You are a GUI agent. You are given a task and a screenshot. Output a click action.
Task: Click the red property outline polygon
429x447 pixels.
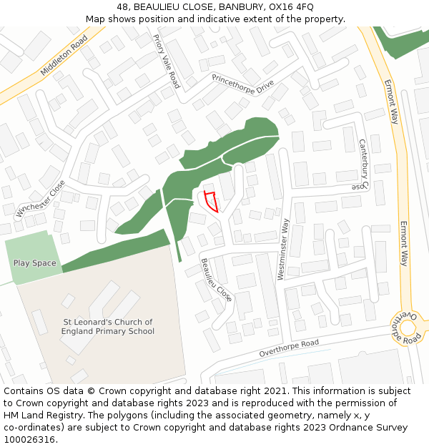click(x=210, y=201)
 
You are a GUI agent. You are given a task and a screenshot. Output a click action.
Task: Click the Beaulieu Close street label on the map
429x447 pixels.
click(x=216, y=279)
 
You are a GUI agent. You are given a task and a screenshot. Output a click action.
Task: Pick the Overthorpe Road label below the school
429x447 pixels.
click(x=289, y=348)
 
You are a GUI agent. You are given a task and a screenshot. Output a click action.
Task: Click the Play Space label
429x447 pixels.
click(x=34, y=263)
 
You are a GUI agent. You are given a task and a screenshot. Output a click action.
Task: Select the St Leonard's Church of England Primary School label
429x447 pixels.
click(x=108, y=327)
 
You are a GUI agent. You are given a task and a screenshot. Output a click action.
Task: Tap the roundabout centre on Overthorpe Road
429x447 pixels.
click(x=408, y=328)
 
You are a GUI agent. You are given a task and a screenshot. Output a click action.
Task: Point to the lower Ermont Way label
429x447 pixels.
click(x=403, y=243)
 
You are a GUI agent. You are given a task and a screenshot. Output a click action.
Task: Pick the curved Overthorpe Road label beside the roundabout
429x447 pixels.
click(x=398, y=328)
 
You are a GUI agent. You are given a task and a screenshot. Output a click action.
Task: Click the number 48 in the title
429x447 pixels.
click(x=124, y=6)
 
